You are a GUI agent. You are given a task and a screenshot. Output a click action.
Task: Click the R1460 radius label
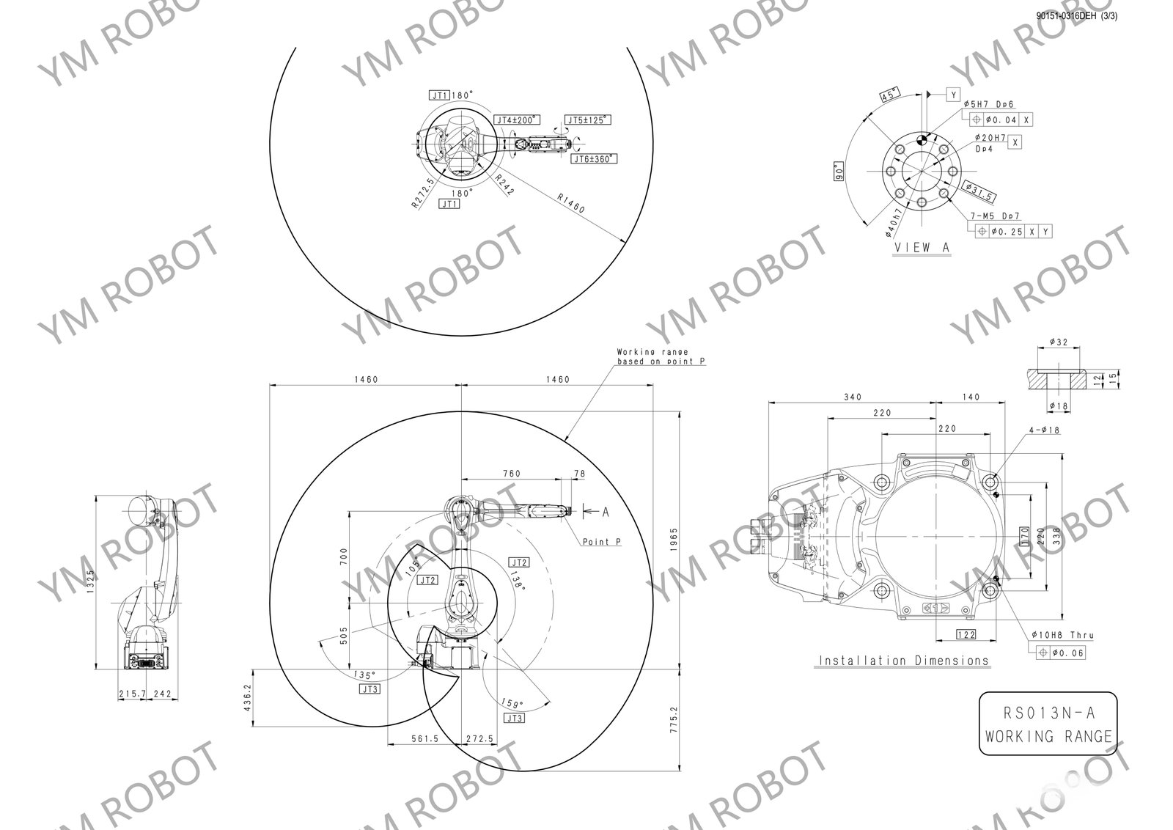tap(571, 203)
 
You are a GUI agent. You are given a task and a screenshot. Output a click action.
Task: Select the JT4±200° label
tap(515, 120)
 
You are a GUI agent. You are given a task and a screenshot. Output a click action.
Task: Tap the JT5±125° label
tap(588, 120)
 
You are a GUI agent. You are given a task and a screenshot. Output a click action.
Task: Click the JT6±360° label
tap(593, 158)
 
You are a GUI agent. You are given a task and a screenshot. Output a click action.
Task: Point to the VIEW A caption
tap(922, 248)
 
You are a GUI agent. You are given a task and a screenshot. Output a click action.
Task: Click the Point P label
tap(601, 542)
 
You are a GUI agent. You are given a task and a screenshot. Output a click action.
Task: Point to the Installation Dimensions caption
tap(903, 661)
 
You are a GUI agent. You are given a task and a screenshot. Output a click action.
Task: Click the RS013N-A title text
tap(1048, 713)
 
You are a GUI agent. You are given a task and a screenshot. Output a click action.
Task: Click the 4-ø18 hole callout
tap(1044, 430)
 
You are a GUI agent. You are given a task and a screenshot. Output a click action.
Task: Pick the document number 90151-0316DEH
tap(1065, 15)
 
